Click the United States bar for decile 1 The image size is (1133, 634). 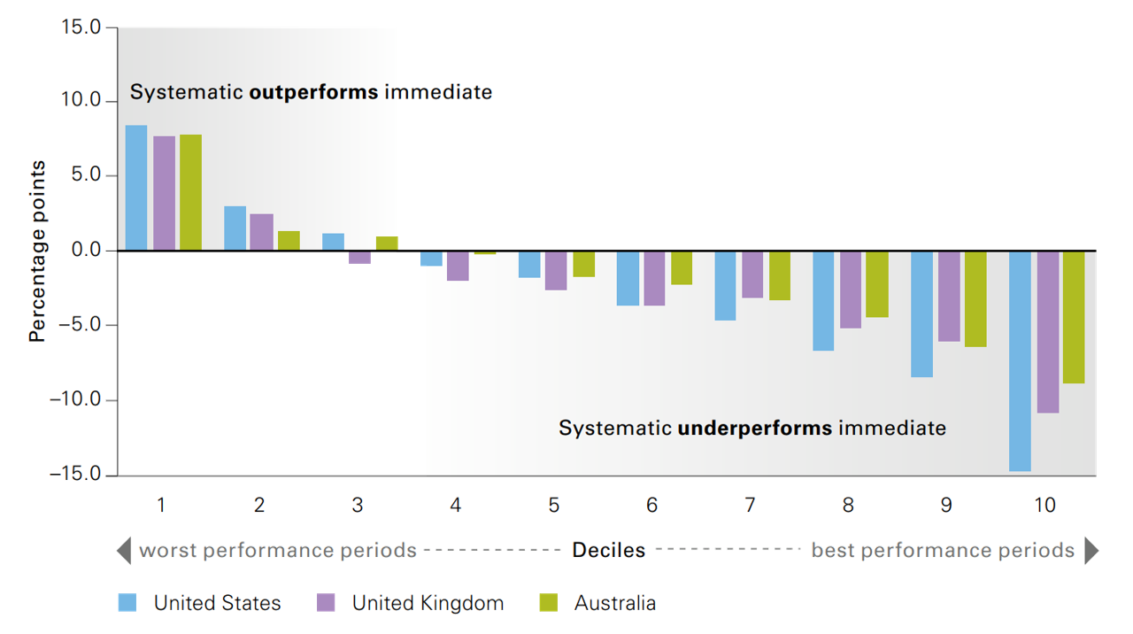point(136,188)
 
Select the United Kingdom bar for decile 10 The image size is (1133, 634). point(1048,332)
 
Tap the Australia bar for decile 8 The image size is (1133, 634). point(876,284)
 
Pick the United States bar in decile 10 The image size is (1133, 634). point(1020,361)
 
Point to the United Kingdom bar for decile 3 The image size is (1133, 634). point(359,258)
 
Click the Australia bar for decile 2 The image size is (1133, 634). point(289,241)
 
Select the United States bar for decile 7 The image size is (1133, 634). point(725,286)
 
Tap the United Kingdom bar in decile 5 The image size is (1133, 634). point(555,271)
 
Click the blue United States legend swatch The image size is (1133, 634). point(127,603)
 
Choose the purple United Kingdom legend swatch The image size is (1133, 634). point(325,603)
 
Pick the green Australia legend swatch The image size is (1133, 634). point(549,603)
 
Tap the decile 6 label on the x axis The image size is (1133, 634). point(651,505)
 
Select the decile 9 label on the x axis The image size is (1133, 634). point(946,505)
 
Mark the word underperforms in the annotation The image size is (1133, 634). point(754,429)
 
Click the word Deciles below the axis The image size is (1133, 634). point(608,551)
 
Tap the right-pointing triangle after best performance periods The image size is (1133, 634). point(1091,551)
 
